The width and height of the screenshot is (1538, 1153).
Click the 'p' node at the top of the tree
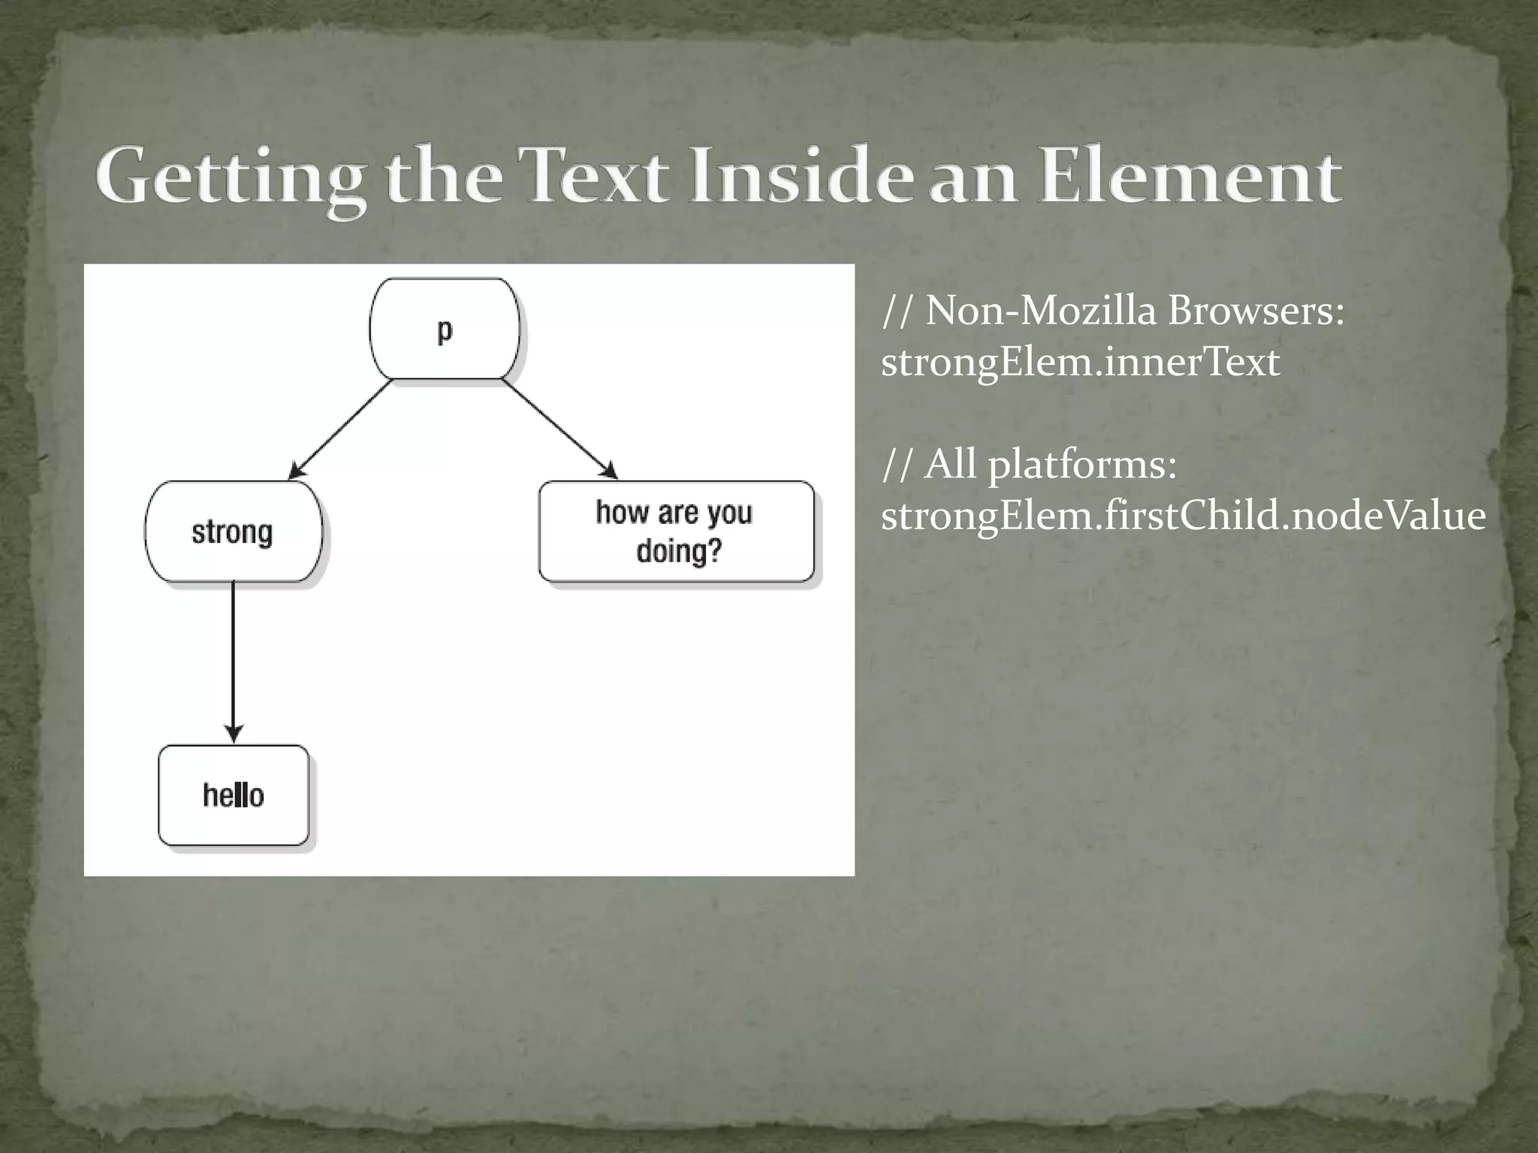tap(445, 329)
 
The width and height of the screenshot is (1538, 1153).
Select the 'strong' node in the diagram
tap(233, 531)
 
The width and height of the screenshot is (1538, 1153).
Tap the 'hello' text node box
tap(234, 795)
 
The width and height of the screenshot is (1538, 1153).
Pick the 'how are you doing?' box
tap(676, 531)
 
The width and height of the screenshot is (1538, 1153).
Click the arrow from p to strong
tap(339, 429)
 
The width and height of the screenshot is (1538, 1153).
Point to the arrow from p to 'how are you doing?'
tap(559, 429)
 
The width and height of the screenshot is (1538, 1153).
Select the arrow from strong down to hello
tap(234, 661)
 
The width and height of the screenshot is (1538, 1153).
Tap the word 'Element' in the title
tap(1190, 177)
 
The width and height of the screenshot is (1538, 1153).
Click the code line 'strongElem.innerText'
tap(1080, 363)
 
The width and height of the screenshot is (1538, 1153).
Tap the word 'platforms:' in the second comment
tap(1082, 465)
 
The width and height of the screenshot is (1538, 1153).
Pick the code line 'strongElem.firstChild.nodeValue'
tap(1183, 516)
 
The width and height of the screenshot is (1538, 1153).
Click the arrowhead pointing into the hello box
tap(234, 733)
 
